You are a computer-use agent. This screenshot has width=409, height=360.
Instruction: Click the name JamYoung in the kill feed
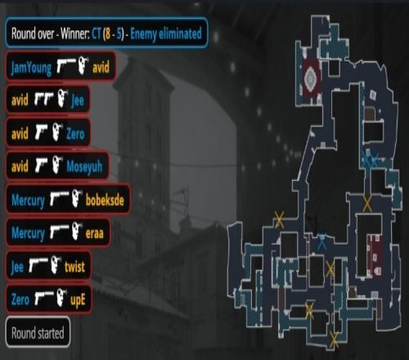pyautogui.click(x=31, y=67)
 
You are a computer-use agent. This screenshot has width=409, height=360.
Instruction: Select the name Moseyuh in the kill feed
pyautogui.click(x=84, y=166)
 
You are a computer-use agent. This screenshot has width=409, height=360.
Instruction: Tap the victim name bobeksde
pyautogui.click(x=105, y=200)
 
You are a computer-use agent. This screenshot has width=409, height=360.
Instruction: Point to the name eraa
pyautogui.click(x=95, y=233)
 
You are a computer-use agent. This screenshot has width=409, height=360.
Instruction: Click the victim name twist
pyautogui.click(x=74, y=266)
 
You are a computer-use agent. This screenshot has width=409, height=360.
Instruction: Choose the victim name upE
pyautogui.click(x=78, y=300)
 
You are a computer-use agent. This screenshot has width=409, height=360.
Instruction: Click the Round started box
pyautogui.click(x=38, y=332)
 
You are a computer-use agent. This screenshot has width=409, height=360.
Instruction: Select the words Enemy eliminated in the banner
pyautogui.click(x=166, y=34)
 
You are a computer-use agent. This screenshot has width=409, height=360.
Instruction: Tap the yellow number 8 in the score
pyautogui.click(x=108, y=34)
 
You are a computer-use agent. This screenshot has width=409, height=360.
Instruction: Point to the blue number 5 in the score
pyautogui.click(x=119, y=34)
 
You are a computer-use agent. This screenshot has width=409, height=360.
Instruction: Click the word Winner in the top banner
pyautogui.click(x=75, y=34)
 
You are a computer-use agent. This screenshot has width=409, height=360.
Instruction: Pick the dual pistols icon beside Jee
pyautogui.click(x=43, y=99)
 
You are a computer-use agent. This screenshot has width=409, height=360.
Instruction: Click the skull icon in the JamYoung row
pyautogui.click(x=83, y=65)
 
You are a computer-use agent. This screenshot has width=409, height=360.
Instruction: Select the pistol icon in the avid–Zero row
pyautogui.click(x=41, y=133)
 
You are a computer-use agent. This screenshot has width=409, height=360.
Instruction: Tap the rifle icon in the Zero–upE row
pyautogui.click(x=44, y=298)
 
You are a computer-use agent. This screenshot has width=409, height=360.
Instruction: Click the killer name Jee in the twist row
pyautogui.click(x=17, y=267)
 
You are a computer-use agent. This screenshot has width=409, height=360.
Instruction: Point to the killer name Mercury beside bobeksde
pyautogui.click(x=28, y=200)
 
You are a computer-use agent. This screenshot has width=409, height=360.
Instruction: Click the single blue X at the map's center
pyautogui.click(x=322, y=241)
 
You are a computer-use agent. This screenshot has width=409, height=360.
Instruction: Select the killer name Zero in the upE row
pyautogui.click(x=20, y=299)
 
